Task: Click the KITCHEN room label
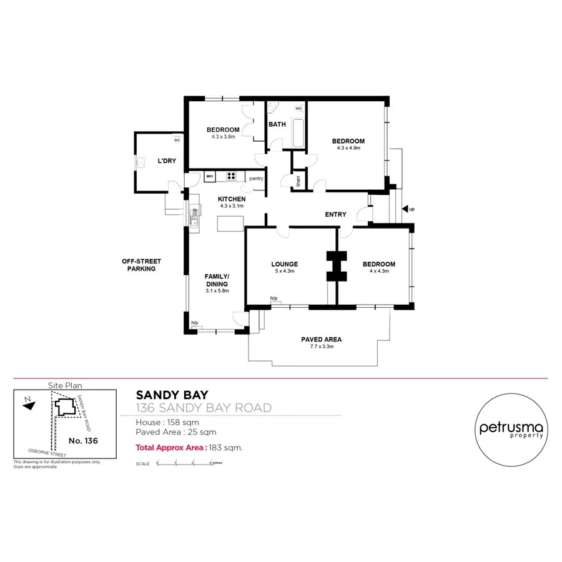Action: pyautogui.click(x=230, y=199)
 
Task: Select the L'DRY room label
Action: pyautogui.click(x=167, y=160)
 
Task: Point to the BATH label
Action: pyautogui.click(x=277, y=124)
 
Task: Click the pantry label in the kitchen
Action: pyautogui.click(x=256, y=179)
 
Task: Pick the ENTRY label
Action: pyautogui.click(x=335, y=215)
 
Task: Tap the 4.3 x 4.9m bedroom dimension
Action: pyautogui.click(x=348, y=148)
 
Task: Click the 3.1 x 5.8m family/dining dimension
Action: pyautogui.click(x=217, y=290)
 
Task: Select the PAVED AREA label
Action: pyautogui.click(x=321, y=340)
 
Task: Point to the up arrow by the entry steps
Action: pyautogui.click(x=405, y=209)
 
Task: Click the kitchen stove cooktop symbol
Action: pyautogui.click(x=232, y=176)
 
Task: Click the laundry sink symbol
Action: pyautogui.click(x=141, y=163)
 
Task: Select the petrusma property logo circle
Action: pyautogui.click(x=511, y=431)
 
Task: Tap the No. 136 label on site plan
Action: pyautogui.click(x=83, y=440)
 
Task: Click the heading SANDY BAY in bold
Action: pyautogui.click(x=172, y=395)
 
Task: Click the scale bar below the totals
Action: pyautogui.click(x=185, y=463)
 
